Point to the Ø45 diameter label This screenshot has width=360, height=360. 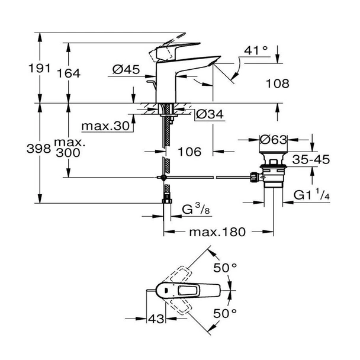(x=126, y=70)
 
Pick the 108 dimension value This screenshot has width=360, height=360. (x=277, y=83)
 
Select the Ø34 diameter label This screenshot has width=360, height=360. (x=209, y=114)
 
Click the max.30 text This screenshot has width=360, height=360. (x=106, y=126)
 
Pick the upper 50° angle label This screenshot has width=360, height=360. (x=226, y=268)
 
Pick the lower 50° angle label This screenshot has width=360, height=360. (x=226, y=312)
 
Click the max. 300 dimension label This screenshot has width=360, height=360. (x=69, y=148)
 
